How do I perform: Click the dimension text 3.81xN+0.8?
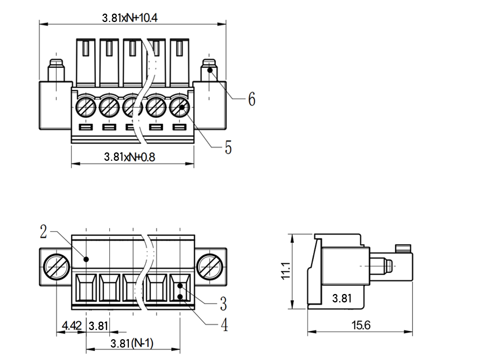click(x=129, y=157)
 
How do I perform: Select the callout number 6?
click(x=251, y=99)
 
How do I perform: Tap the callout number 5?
click(x=228, y=148)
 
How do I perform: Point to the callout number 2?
click(x=44, y=232)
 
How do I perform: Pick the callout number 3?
click(x=223, y=304)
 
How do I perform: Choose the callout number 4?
click(x=224, y=324)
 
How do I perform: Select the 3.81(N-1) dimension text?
click(x=132, y=343)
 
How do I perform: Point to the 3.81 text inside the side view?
click(x=342, y=298)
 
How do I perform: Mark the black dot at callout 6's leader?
click(x=210, y=70)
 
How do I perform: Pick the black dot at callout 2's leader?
click(x=86, y=259)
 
